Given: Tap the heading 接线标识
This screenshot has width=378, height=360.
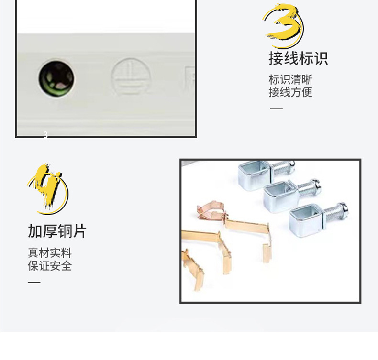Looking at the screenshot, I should tap(298, 59).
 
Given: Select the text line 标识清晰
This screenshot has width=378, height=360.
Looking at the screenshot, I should tap(290, 79).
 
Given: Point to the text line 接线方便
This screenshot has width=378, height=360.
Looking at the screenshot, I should tap(290, 92).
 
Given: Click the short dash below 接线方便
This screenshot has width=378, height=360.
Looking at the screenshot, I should tap(276, 109).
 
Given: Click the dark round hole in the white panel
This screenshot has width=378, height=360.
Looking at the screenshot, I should tap(56, 78).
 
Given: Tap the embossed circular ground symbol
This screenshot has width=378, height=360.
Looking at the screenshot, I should tap(131, 77).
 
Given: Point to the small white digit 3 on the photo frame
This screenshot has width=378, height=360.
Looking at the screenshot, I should tap(45, 135).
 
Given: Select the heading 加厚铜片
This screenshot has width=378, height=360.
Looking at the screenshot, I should tap(57, 231).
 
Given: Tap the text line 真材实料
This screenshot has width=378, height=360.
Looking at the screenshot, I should tap(49, 252).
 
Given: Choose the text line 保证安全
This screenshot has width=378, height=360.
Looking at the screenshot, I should tap(49, 265).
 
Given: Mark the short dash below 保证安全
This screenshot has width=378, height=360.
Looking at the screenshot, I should tap(34, 282).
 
